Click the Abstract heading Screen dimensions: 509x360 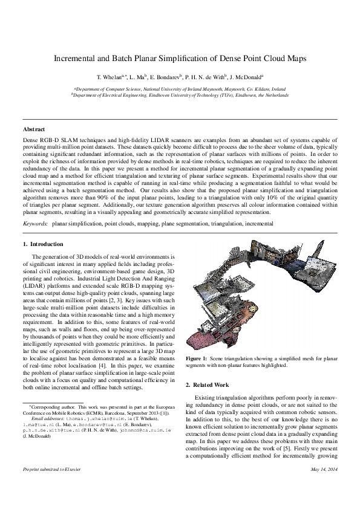[x=34, y=129]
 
